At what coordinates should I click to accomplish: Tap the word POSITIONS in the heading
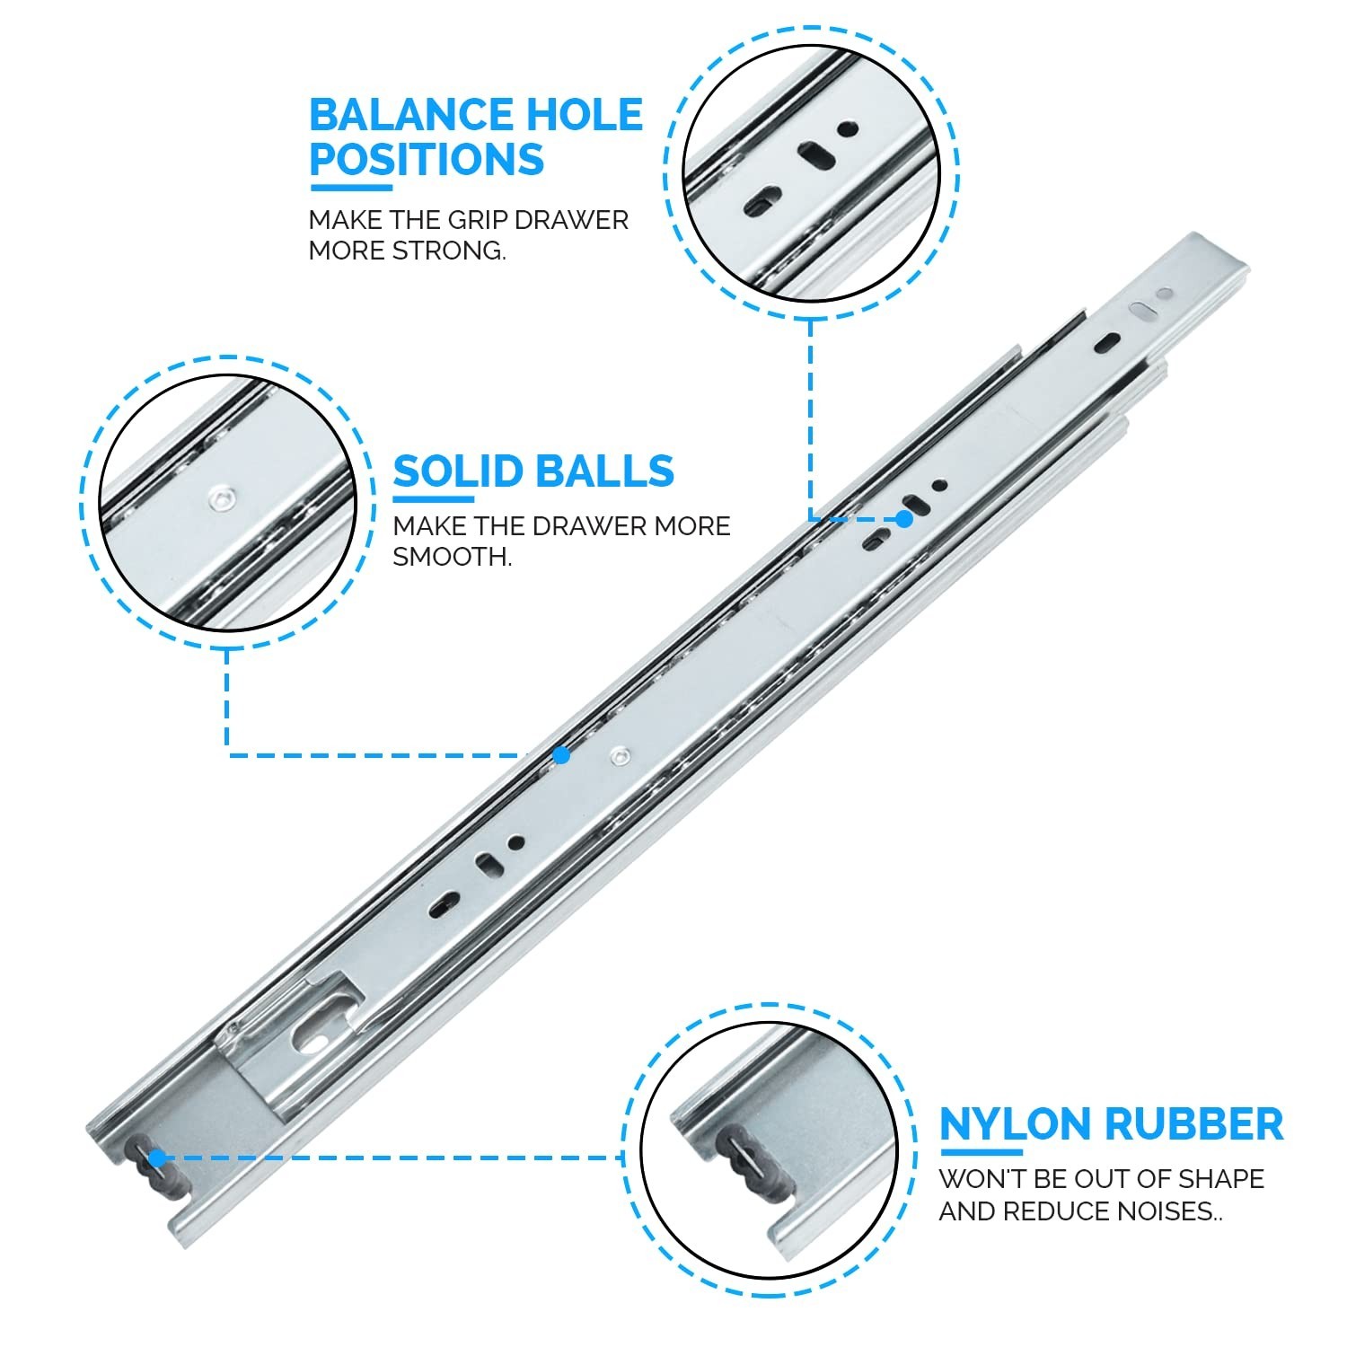pos(427,159)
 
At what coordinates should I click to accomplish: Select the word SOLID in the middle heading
pos(458,471)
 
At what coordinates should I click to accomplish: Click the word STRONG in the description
pos(450,251)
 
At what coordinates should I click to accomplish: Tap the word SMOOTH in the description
pos(453,557)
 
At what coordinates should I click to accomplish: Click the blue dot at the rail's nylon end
pos(157,1158)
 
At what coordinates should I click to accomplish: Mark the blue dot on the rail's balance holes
pos(905,519)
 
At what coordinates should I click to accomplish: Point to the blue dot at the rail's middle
pos(561,755)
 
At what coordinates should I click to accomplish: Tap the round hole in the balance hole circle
pos(845,129)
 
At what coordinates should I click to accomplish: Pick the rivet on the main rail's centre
pos(618,756)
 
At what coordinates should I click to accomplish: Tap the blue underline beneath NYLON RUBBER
pos(981,1152)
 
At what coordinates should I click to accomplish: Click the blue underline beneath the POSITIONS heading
pos(351,188)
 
